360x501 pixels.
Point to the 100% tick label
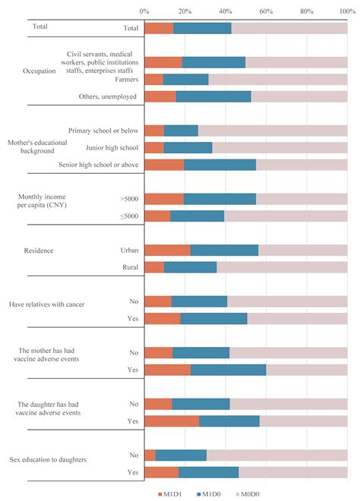click(x=347, y=11)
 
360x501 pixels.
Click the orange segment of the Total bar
click(x=159, y=28)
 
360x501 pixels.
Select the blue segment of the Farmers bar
click(x=185, y=79)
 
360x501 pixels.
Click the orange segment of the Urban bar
click(x=167, y=250)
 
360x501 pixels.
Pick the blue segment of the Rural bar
click(x=190, y=267)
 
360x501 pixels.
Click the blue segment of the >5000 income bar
click(x=219, y=199)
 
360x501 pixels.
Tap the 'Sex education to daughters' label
click(x=46, y=460)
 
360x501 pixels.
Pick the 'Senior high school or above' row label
click(x=99, y=165)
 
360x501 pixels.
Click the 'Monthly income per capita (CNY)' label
click(x=43, y=202)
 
